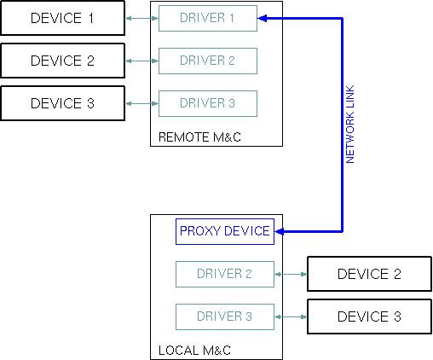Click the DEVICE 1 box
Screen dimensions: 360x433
coord(62,18)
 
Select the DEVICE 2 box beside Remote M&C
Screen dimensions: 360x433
coord(62,61)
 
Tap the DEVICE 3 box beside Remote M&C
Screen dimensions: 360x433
coord(62,103)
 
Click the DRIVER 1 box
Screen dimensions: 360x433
coord(207,18)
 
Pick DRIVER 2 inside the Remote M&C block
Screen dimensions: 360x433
coord(207,61)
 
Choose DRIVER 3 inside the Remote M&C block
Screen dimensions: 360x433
coord(207,103)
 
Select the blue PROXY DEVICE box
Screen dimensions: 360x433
coord(224,231)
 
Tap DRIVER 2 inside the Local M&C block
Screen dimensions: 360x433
coord(224,274)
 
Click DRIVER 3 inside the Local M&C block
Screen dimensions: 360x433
coord(224,316)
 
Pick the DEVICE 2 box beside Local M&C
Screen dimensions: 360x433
coord(369,274)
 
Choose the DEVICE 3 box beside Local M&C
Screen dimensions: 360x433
coord(369,316)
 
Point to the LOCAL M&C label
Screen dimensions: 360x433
coord(195,350)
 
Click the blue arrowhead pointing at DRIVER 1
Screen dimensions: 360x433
coord(263,18)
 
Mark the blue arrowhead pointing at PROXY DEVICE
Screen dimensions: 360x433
coord(280,231)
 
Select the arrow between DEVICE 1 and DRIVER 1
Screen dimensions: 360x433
coord(141,18)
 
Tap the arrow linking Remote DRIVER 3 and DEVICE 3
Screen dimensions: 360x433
coord(141,103)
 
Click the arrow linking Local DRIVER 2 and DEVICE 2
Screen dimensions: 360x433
coord(291,274)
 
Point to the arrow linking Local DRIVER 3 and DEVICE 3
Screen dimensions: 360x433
coord(291,316)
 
